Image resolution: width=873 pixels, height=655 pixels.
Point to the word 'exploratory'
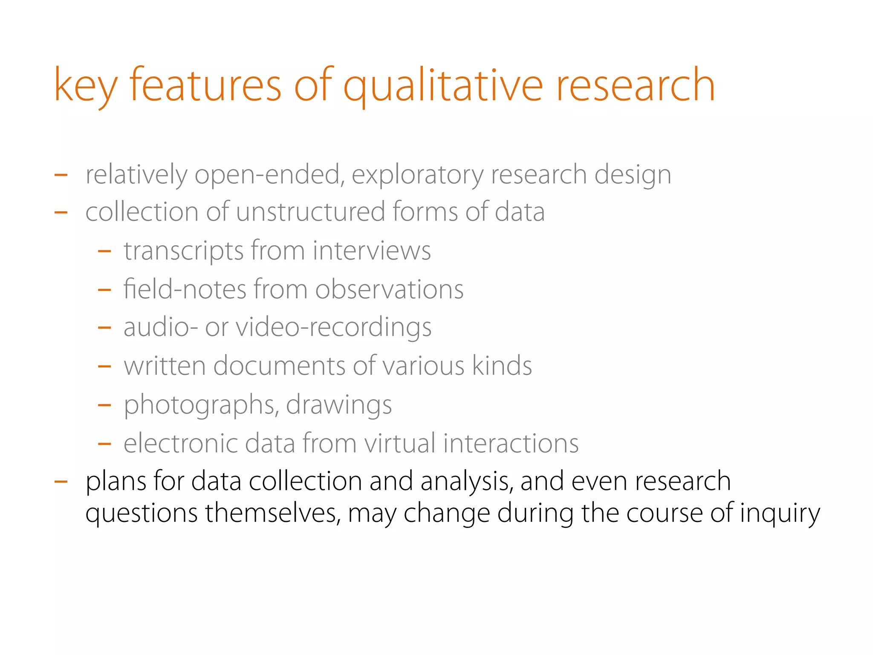click(418, 174)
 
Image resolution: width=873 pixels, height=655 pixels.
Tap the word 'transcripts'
click(183, 251)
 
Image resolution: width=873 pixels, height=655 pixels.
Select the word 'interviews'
click(372, 251)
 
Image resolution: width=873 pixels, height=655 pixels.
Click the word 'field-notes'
click(185, 289)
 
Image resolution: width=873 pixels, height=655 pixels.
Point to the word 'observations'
click(389, 289)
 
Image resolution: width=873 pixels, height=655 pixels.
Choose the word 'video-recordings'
click(333, 327)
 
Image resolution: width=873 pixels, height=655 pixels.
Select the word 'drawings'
click(339, 405)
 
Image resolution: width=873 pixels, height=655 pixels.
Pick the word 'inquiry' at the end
click(780, 513)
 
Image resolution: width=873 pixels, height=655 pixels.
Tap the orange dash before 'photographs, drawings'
click(104, 405)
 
